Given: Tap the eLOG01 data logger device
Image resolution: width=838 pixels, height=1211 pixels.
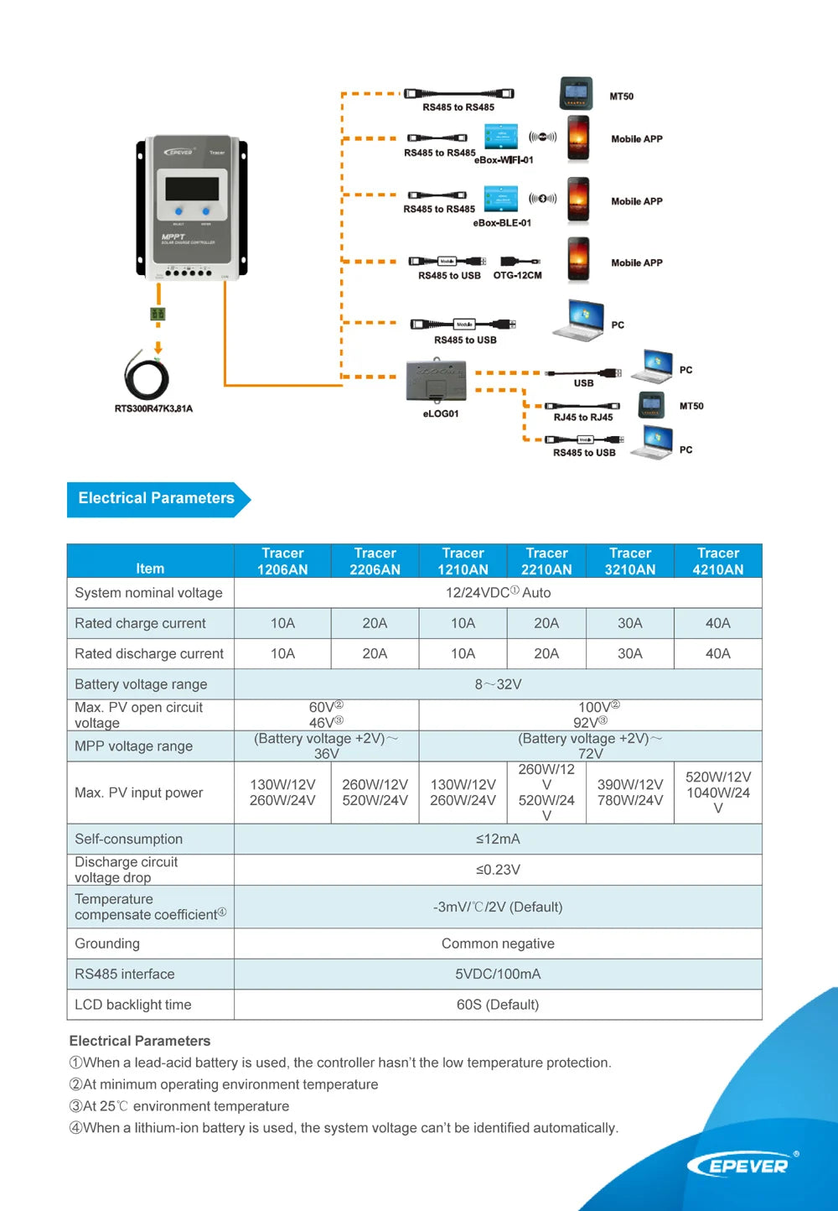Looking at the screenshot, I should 436,382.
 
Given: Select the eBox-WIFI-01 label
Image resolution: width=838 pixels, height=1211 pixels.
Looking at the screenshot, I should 504,160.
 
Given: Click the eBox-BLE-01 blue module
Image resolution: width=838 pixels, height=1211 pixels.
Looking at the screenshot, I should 501,199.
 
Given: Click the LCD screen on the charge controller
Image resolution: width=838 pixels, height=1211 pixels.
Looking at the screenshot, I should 192,188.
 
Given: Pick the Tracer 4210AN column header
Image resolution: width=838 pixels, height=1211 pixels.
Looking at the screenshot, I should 717,561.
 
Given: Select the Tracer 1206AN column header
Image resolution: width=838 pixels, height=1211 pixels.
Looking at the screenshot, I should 282,561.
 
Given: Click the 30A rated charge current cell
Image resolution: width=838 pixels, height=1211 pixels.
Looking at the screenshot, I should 630,623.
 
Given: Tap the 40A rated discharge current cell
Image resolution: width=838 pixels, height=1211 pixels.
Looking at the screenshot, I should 717,653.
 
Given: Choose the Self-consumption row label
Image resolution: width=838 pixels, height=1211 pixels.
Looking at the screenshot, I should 128,839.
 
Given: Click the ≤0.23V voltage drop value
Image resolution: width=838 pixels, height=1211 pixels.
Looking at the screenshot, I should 498,870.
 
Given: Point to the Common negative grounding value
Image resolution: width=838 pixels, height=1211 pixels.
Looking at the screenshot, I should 498,943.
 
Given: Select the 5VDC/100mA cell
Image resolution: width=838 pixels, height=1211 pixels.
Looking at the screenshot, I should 498,974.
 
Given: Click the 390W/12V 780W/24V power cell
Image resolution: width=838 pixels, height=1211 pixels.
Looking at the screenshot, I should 630,793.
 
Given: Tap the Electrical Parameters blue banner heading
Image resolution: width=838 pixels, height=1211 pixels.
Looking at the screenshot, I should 157,498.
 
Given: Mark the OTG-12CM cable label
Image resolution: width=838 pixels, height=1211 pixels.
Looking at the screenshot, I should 517,275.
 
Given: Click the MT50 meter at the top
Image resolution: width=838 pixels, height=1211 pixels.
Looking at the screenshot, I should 577,93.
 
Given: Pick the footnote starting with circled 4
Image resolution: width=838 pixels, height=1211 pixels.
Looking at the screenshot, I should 344,1128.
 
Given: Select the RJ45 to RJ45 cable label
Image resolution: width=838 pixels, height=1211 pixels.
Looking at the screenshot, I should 583,417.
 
